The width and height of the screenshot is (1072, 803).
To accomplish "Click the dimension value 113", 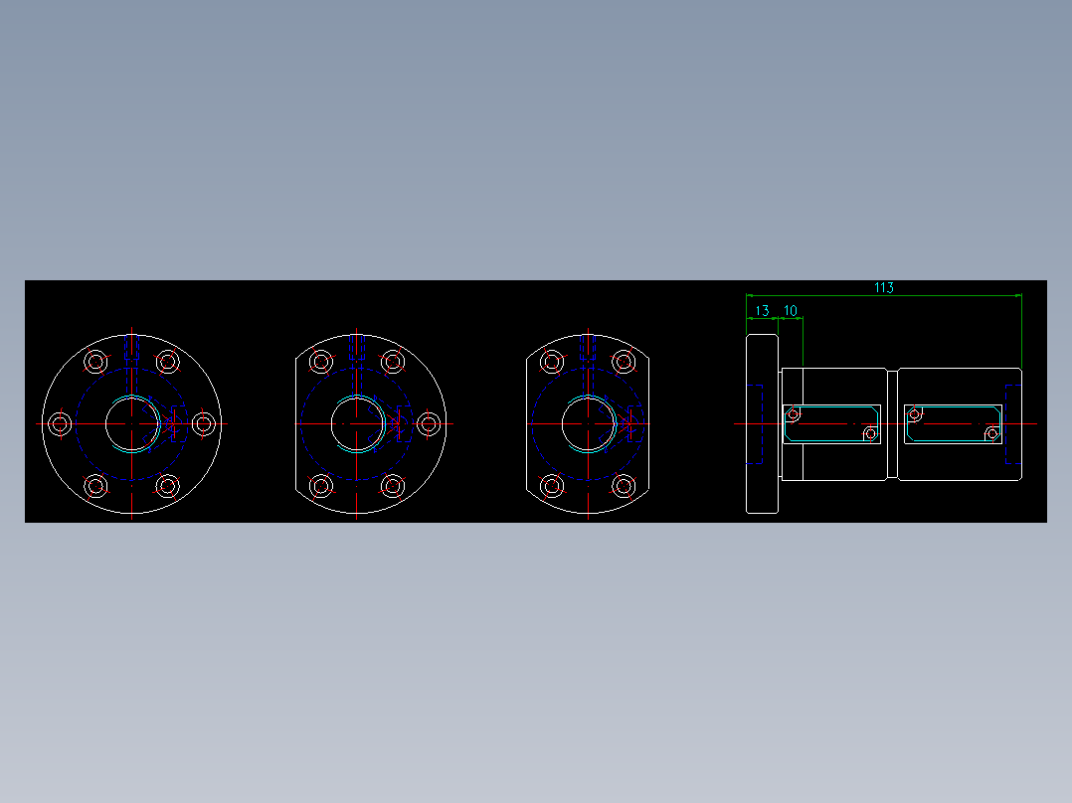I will click(883, 287).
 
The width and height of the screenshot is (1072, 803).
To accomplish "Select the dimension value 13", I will click(762, 311).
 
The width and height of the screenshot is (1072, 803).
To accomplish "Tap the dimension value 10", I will click(791, 311).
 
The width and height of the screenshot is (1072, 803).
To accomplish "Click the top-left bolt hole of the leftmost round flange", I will click(96, 361).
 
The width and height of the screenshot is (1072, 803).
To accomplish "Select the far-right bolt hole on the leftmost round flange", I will click(204, 424).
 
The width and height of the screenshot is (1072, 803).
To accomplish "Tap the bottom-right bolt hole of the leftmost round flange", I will click(168, 486).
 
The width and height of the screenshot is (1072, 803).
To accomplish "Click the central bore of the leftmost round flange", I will click(129, 424).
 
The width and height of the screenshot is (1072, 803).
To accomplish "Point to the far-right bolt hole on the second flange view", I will click(429, 424).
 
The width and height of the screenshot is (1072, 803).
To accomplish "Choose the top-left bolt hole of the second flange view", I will click(321, 361).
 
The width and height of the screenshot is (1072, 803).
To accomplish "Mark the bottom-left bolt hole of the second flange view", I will click(321, 486).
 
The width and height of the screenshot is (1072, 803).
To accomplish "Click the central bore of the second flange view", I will click(356, 424).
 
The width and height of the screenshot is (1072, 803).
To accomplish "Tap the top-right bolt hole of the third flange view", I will click(624, 361).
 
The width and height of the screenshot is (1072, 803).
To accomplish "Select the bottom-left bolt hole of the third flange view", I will click(552, 486).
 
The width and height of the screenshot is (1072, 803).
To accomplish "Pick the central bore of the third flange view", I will click(587, 424).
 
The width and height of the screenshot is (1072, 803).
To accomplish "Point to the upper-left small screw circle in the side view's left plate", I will click(793, 413).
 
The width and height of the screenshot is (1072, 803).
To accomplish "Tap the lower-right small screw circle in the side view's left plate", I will click(870, 434).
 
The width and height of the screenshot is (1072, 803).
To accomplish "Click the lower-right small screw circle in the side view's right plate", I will click(991, 434).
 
